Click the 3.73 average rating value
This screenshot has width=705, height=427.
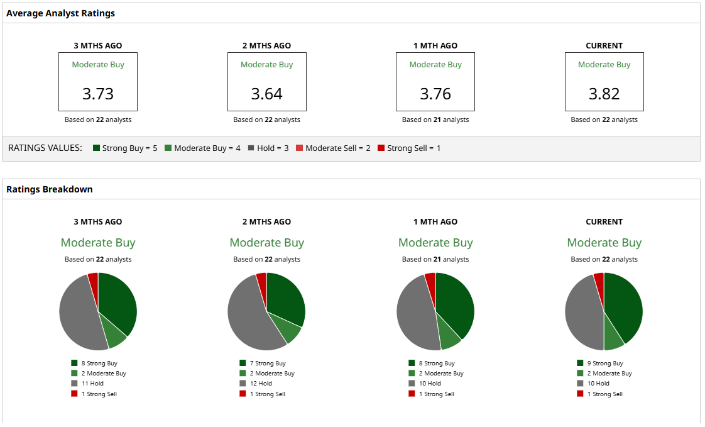pyautogui.click(x=98, y=94)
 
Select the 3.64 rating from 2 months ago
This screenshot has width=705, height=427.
pyautogui.click(x=266, y=94)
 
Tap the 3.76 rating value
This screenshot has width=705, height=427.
pyautogui.click(x=435, y=94)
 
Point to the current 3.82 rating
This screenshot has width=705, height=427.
pyautogui.click(x=604, y=94)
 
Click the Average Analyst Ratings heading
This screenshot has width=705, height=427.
pyautogui.click(x=60, y=13)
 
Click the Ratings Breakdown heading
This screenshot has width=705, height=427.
pyautogui.click(x=50, y=189)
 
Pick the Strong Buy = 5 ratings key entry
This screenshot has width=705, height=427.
pyautogui.click(x=125, y=148)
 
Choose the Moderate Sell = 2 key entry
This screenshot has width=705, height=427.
pyautogui.click(x=333, y=148)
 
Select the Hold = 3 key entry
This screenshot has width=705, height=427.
pyautogui.click(x=268, y=148)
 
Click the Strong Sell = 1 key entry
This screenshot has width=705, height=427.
pyautogui.click(x=409, y=148)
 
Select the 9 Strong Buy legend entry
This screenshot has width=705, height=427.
pyautogui.click(x=605, y=363)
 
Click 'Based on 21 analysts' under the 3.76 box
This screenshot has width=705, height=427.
pyautogui.click(x=435, y=119)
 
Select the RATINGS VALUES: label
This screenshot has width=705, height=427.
pyautogui.click(x=45, y=148)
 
